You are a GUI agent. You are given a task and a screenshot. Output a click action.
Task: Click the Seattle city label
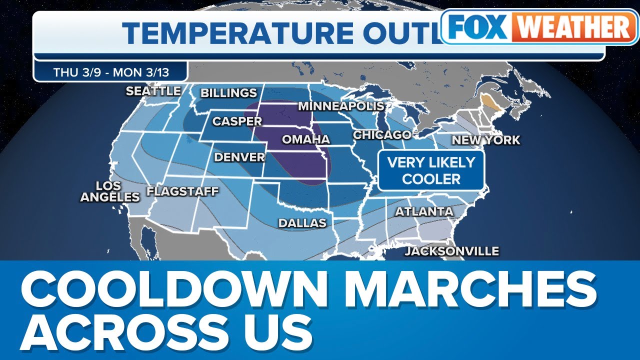(153, 91)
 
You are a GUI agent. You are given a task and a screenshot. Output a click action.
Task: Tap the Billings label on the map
(228, 93)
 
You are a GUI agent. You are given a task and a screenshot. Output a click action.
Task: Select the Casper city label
(237, 121)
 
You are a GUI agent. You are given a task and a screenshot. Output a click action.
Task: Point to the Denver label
(239, 157)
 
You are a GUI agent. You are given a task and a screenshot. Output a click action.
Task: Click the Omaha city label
(306, 139)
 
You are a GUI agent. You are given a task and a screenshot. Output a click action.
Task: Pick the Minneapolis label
(341, 106)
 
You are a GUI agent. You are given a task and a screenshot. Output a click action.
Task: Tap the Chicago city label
(382, 135)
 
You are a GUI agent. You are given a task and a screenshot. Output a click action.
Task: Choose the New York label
(486, 140)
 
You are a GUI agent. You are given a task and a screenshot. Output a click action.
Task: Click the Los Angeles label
(110, 191)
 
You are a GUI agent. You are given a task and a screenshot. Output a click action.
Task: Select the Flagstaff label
(182, 191)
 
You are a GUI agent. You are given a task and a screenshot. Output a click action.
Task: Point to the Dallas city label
(302, 223)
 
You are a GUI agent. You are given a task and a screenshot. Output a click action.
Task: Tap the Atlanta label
(424, 211)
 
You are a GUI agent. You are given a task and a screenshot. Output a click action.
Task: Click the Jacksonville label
(452, 251)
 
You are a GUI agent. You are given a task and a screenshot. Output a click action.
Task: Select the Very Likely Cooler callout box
(431, 170)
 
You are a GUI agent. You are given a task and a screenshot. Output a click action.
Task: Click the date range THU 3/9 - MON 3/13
(111, 72)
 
